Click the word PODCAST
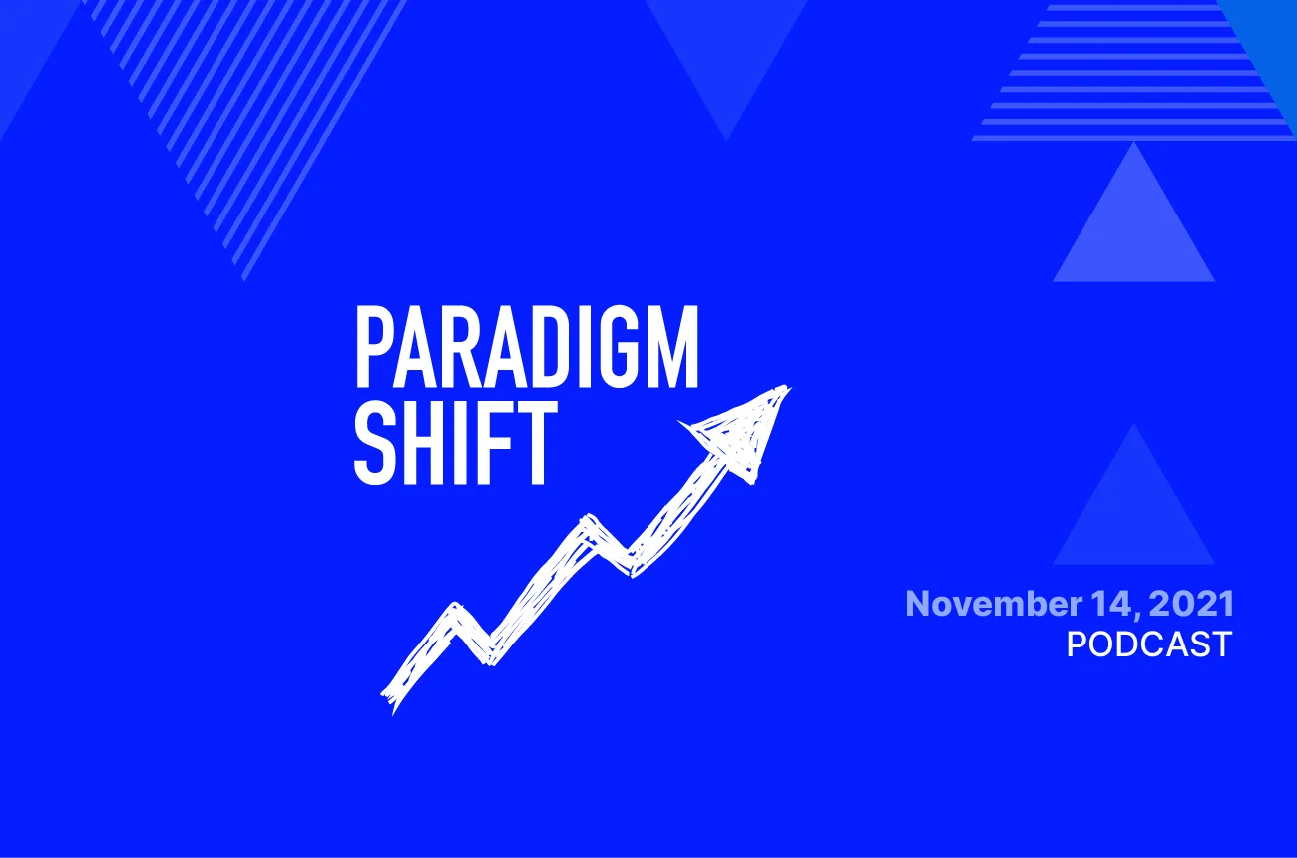point(1148,643)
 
